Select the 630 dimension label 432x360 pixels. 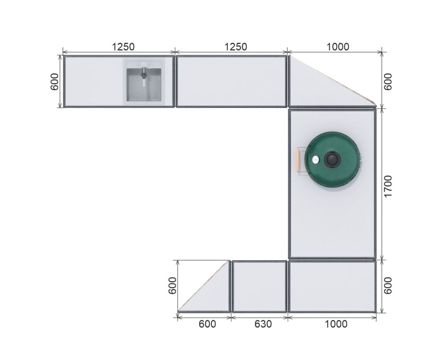point(263,324)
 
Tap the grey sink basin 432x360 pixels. point(144,84)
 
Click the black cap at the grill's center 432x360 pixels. point(333,159)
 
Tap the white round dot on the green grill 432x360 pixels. point(315,159)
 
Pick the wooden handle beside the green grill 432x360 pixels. point(299,159)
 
